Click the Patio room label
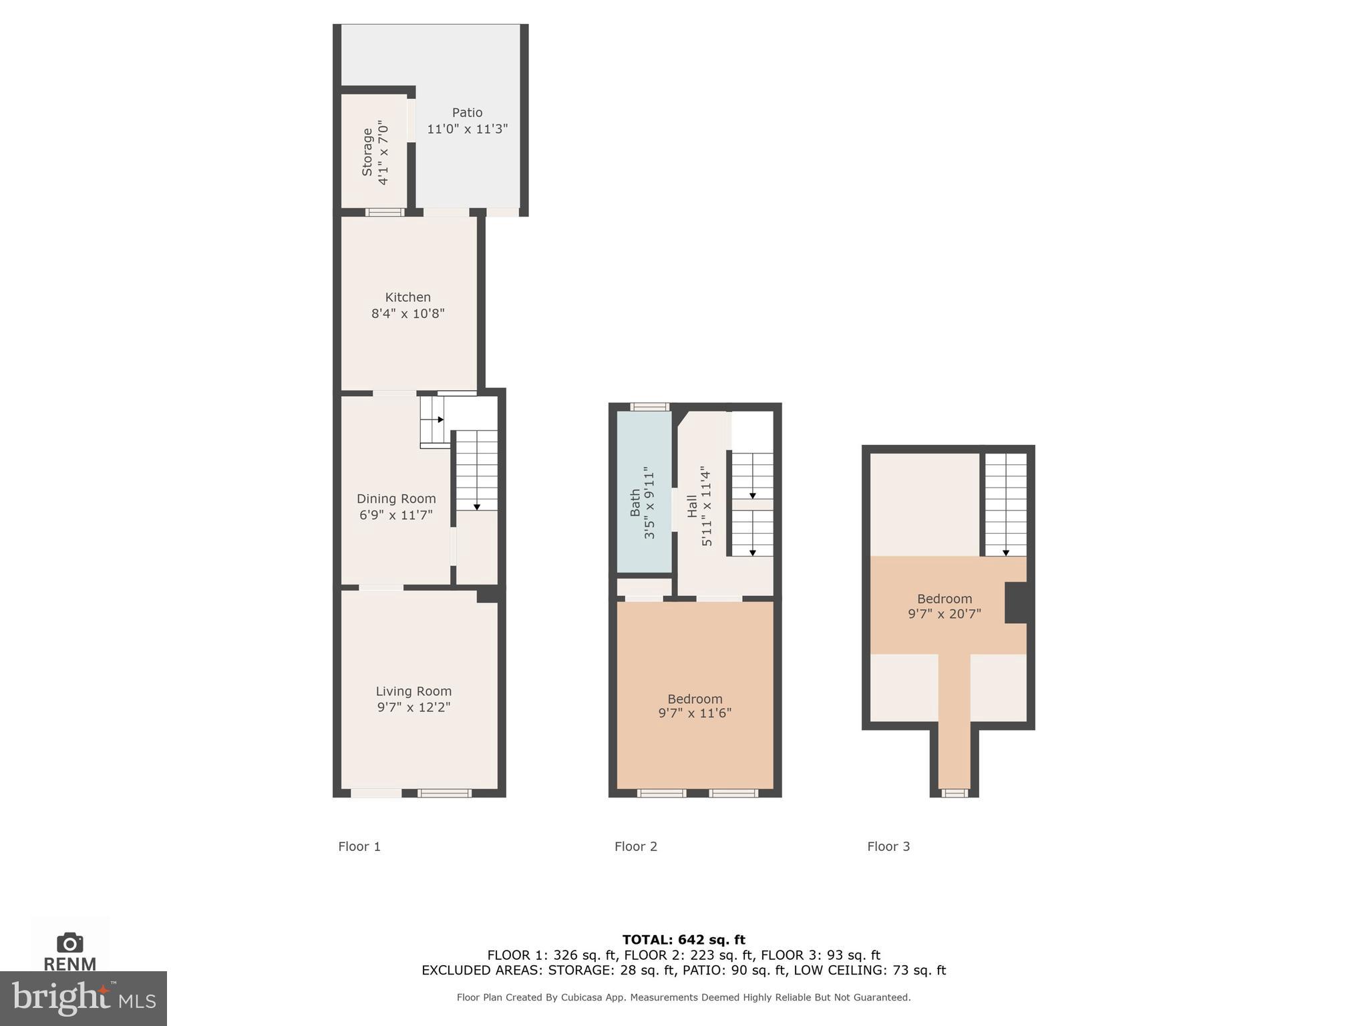[x=467, y=113]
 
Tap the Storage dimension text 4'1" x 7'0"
[x=383, y=152]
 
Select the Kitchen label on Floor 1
[x=407, y=297]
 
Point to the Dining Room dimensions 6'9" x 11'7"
[x=396, y=515]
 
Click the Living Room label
[x=413, y=691]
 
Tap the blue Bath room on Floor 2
[x=643, y=494]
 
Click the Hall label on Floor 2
[x=692, y=506]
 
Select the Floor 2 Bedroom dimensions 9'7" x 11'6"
[x=695, y=713]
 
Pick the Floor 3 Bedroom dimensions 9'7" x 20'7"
[x=944, y=614]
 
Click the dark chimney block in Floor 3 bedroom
[x=1017, y=603]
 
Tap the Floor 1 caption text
[x=359, y=846]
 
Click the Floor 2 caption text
[x=636, y=846]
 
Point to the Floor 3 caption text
[x=888, y=846]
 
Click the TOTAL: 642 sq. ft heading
[x=683, y=940]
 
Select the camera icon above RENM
[x=70, y=943]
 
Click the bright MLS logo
[x=83, y=999]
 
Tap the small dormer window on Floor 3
[x=954, y=793]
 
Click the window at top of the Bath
[x=650, y=406]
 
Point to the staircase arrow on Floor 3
[x=1006, y=552]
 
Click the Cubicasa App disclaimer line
[x=683, y=997]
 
